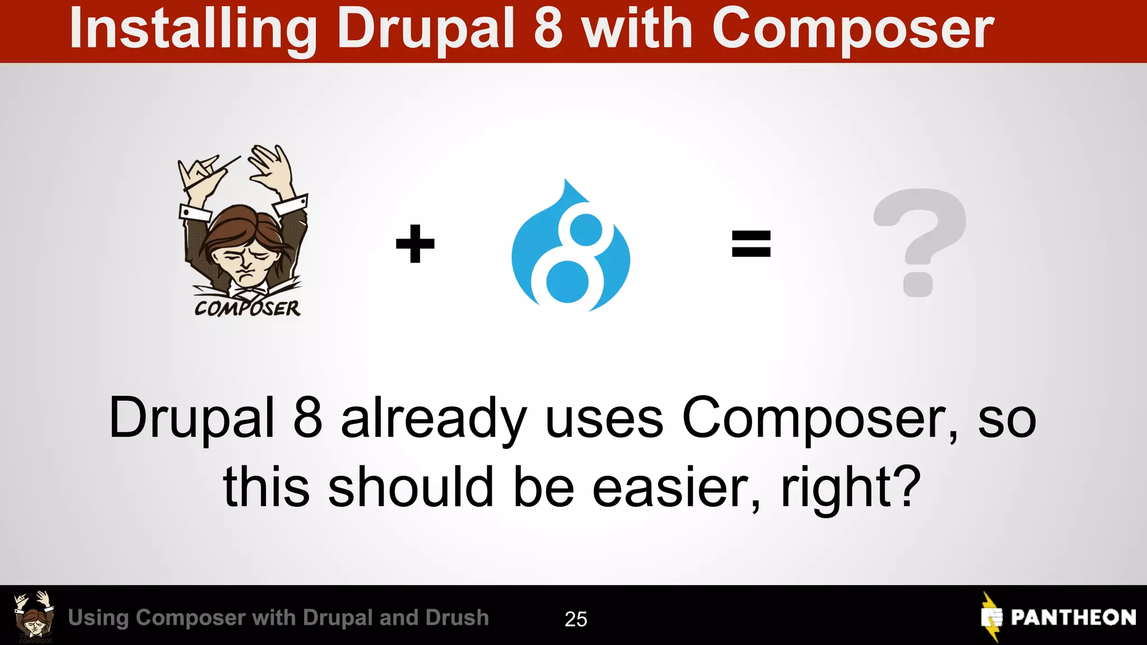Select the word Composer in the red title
pos(852,29)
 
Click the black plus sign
pos(415,244)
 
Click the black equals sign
pos(751,244)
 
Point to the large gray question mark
pos(920,241)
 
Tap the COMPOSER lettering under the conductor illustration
pos(247,308)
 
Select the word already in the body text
pos(433,419)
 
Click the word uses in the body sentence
pos(604,419)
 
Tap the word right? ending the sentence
pos(850,487)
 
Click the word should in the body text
pos(411,487)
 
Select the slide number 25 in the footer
pos(575,619)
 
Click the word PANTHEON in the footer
pos(1073,618)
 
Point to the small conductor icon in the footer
pos(34,616)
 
